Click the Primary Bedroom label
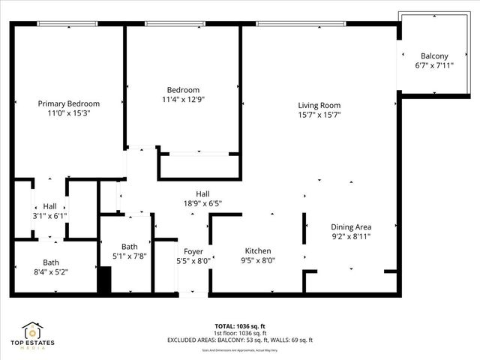69,103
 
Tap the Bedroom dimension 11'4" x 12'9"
183,99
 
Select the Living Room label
319,105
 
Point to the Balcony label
434,56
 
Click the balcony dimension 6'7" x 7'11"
434,66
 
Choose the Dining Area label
351,226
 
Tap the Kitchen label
257,250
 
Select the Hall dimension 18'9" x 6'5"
202,203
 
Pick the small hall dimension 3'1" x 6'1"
49,216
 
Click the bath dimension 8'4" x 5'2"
51,272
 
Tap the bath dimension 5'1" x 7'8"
130,256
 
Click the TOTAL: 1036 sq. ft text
239,326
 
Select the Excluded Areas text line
239,340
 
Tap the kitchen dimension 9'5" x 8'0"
257,260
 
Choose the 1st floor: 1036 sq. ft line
239,333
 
